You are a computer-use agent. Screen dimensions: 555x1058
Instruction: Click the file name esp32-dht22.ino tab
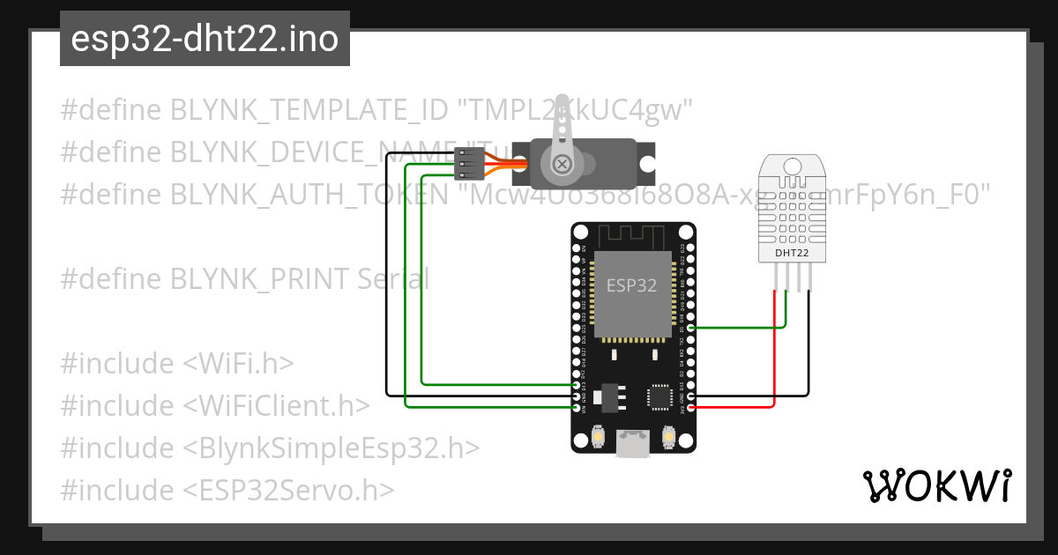point(205,40)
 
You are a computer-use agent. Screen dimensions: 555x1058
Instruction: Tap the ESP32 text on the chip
point(631,285)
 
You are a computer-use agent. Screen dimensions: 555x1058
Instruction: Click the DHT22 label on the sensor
point(791,254)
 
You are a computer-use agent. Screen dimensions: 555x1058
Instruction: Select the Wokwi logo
point(936,485)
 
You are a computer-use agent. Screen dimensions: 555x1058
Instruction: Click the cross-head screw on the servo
point(562,164)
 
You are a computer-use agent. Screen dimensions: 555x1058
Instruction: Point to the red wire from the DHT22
point(774,352)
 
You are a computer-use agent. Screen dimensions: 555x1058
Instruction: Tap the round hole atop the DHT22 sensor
point(792,165)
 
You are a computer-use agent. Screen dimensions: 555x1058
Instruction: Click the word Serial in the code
point(393,279)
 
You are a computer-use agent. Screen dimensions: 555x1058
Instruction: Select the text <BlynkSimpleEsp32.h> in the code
point(332,448)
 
